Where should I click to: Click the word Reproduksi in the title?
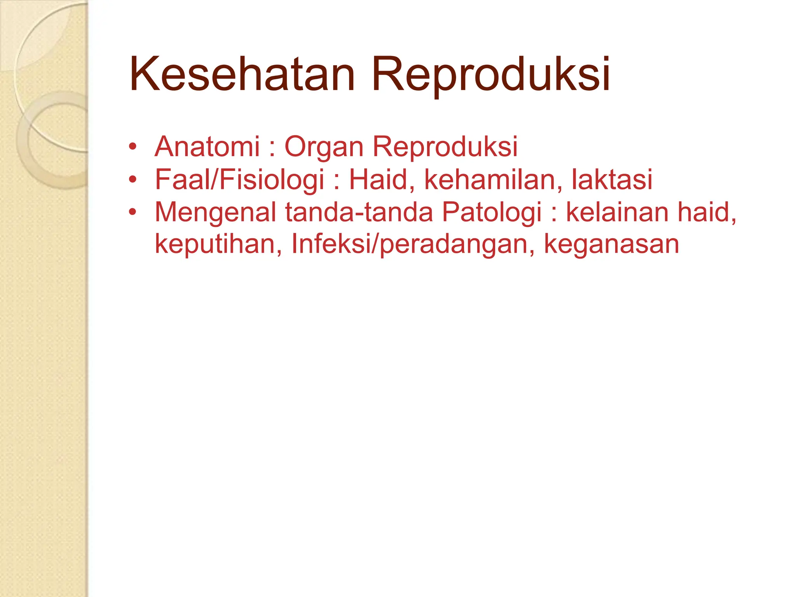pos(491,75)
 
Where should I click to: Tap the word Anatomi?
pos(207,147)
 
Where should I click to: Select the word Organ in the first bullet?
pos(324,147)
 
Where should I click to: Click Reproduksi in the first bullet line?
pos(445,147)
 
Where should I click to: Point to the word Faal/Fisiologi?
pos(239,180)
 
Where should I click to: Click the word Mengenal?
pos(215,213)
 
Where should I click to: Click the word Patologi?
pos(492,213)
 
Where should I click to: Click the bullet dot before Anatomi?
pos(133,147)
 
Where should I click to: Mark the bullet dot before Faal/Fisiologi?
pos(133,180)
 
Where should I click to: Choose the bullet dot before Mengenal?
pos(133,213)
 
